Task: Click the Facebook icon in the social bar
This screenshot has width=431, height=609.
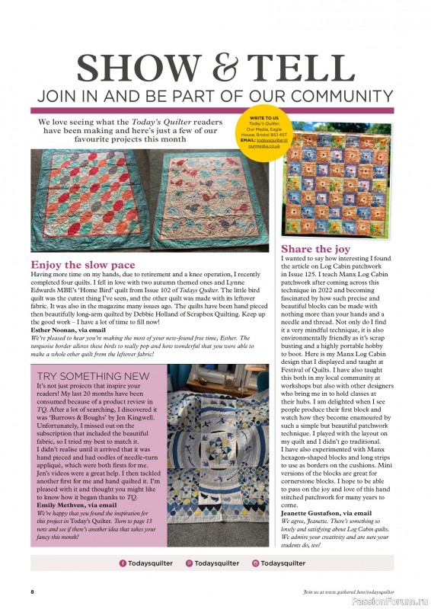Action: click(x=123, y=563)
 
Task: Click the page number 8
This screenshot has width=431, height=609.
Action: click(x=33, y=591)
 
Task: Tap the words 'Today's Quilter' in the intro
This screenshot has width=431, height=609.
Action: click(x=161, y=121)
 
